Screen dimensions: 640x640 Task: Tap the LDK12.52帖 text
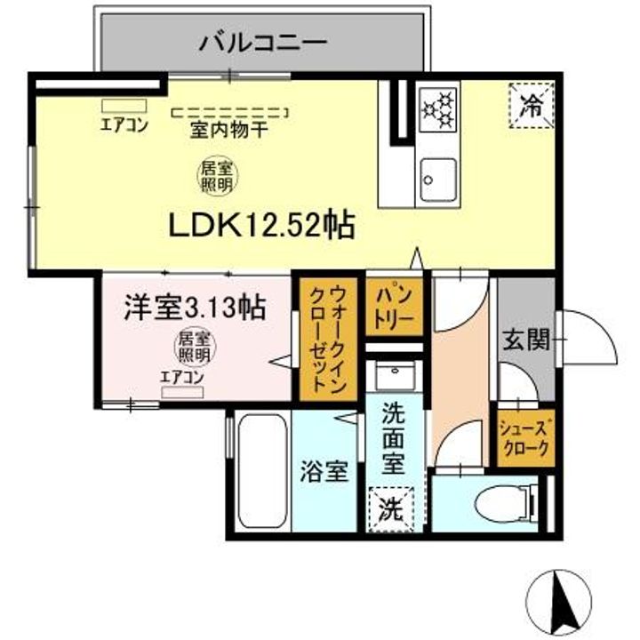(x=262, y=226)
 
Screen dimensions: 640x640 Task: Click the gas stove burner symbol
(x=437, y=108)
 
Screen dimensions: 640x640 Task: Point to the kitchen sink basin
(x=437, y=180)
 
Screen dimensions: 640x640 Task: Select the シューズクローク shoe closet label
(x=524, y=437)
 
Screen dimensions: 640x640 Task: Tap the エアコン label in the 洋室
(x=181, y=376)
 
